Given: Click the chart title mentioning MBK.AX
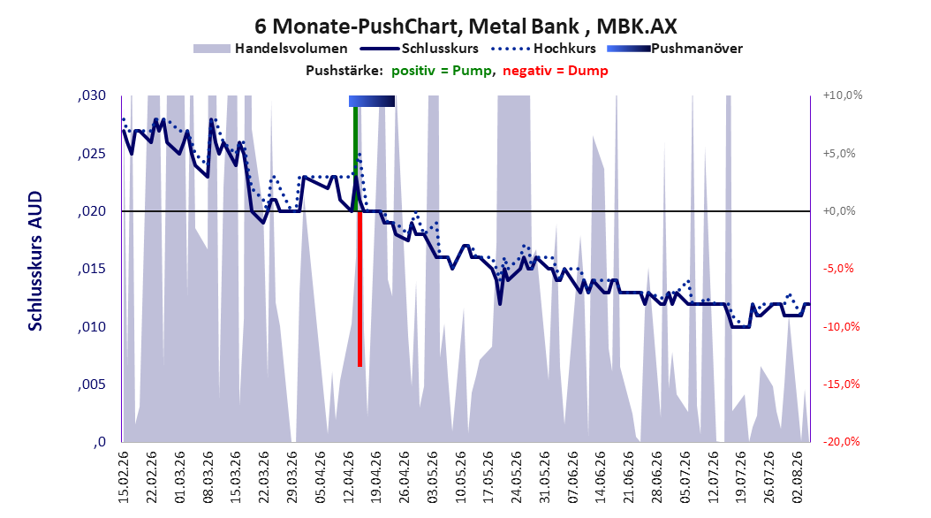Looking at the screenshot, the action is pos(465,27).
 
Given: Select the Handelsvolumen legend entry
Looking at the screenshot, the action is pos(270,49).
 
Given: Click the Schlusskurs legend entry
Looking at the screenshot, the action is pos(420,49).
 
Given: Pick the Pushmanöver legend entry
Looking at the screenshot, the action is pos(675,49).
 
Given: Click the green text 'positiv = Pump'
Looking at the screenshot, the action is pos(442,71).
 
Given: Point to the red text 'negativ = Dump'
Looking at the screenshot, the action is pos(556,71).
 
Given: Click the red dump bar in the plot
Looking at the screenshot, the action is pos(360,289).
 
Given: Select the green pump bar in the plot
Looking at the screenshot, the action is pos(356,158).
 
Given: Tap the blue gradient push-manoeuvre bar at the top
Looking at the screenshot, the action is pos(372,101).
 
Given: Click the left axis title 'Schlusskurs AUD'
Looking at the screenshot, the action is pos(35,261).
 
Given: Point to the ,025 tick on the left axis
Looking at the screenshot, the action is pos(92,154).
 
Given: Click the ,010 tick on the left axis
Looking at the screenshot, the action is pos(92,327).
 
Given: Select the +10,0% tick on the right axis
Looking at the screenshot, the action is pos(843,95).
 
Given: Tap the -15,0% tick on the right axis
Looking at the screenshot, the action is pos(841,385).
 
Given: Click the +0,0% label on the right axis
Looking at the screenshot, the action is pos(839,211).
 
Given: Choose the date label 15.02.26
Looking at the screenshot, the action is pos(124,477).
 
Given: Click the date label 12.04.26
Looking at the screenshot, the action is pos(349,477).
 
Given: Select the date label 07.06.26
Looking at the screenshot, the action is pos(573,477).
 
